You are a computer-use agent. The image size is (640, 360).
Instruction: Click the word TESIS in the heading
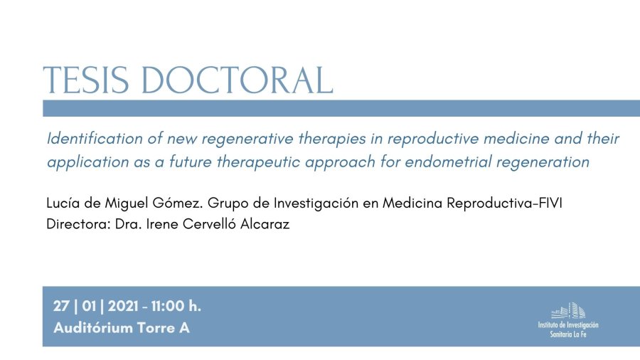[86, 80]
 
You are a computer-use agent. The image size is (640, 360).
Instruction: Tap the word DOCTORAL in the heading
[237, 80]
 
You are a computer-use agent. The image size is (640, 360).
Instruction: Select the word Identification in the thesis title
[95, 139]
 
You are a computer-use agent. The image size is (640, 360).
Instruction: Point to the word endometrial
[448, 162]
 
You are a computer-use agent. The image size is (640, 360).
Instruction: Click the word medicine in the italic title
[516, 139]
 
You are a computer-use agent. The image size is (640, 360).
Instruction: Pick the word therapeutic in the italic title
[259, 163]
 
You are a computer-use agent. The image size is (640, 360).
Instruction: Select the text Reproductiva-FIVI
[504, 203]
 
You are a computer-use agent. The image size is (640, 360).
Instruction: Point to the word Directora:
[78, 224]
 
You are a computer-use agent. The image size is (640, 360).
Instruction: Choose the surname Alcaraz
[265, 224]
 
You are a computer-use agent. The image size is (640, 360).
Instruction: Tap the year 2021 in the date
[123, 306]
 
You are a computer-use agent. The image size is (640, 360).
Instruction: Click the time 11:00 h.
[176, 306]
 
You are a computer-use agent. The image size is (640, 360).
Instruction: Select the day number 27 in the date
[61, 306]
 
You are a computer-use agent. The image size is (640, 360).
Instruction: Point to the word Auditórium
[93, 328]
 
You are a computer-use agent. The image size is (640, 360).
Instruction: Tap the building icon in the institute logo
[568, 311]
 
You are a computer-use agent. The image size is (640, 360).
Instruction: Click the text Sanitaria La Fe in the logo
[568, 334]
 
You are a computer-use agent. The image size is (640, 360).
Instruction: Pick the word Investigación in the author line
[316, 203]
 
